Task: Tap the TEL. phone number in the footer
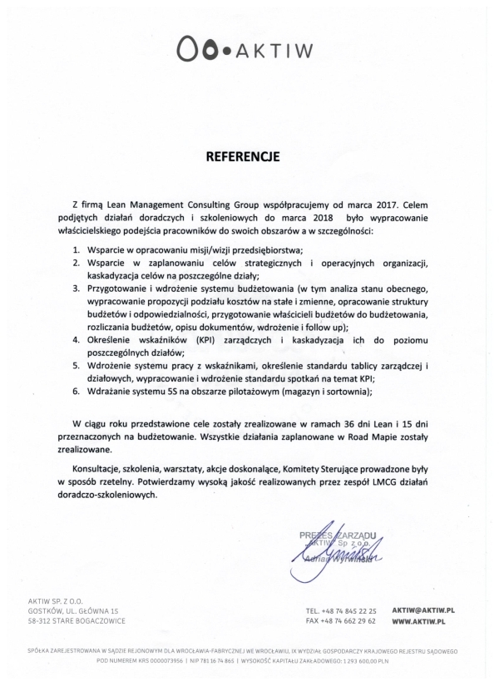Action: pyautogui.click(x=353, y=610)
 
